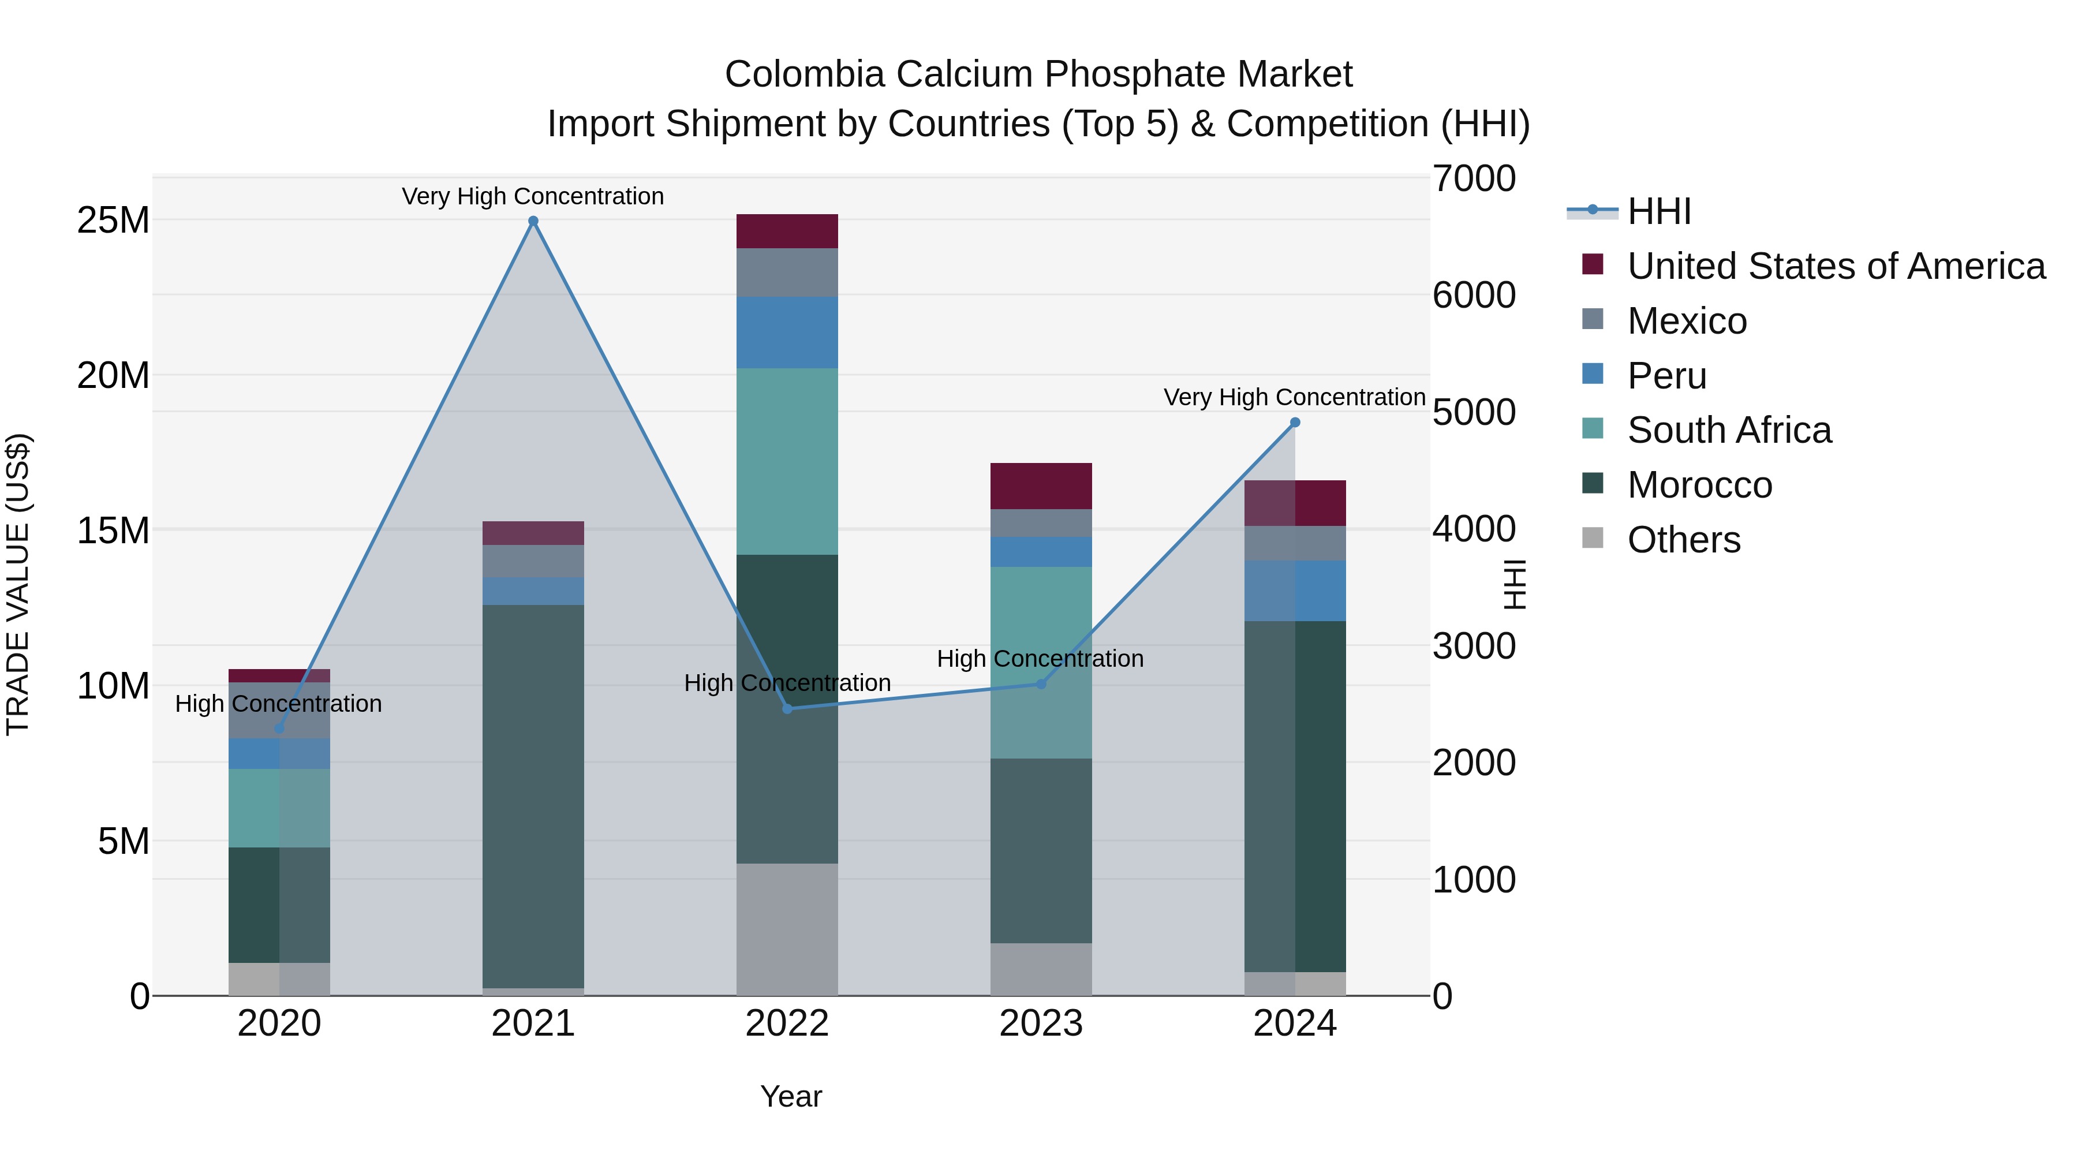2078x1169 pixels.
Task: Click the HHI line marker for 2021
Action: (533, 221)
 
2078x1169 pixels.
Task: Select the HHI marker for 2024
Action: (1295, 423)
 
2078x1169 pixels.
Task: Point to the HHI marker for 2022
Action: (787, 709)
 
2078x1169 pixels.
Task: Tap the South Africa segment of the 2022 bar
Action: (787, 461)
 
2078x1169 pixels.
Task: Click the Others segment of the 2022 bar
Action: (787, 929)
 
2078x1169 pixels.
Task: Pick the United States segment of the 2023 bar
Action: (1041, 485)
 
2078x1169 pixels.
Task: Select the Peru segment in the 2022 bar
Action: (787, 333)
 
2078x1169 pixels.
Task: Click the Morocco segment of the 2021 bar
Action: (533, 796)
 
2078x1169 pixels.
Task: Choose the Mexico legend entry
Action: (1687, 321)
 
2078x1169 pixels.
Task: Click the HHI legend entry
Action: (1658, 211)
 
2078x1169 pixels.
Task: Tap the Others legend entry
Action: (1684, 540)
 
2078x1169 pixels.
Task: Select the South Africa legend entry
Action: (1729, 430)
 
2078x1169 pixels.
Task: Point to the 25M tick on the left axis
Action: (113, 221)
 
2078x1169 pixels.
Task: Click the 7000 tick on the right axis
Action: (1474, 178)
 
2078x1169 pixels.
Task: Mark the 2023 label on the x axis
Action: (1041, 1024)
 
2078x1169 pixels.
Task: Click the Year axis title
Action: (791, 1096)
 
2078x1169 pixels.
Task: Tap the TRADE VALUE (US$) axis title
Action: (18, 585)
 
